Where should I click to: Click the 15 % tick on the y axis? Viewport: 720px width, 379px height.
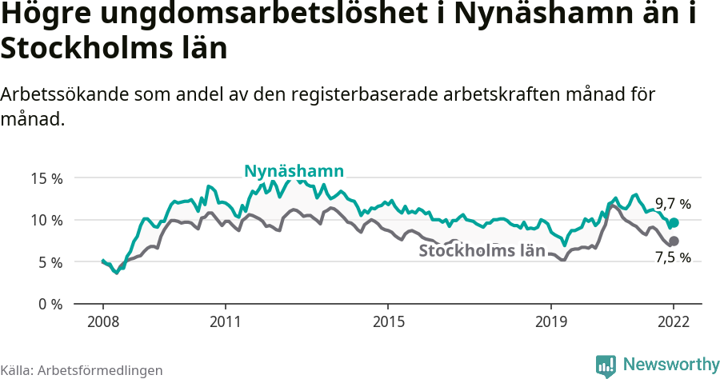click(x=46, y=178)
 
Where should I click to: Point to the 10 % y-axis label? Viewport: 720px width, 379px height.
click(x=46, y=220)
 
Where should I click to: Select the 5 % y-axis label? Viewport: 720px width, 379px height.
click(x=50, y=262)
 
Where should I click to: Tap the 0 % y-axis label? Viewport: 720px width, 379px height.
click(x=50, y=304)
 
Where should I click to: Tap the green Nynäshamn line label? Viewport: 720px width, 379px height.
click(x=294, y=171)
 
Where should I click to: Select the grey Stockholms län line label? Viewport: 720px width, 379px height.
click(x=482, y=250)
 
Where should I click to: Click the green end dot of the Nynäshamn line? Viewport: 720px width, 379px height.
click(x=674, y=222)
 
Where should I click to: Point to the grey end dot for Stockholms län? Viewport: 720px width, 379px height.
click(x=674, y=241)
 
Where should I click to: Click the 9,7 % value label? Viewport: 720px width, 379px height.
click(x=672, y=204)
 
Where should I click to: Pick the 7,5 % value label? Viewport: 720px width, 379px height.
click(x=672, y=257)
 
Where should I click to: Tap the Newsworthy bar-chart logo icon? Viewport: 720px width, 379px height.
click(x=606, y=365)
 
